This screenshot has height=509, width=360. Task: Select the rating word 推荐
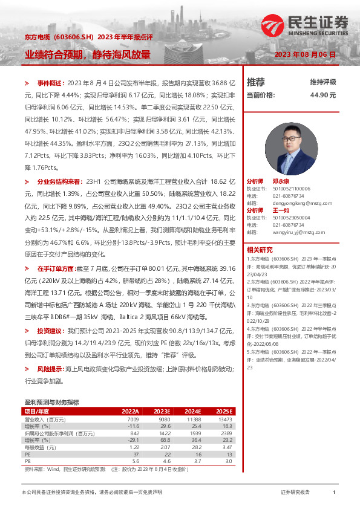[256, 82]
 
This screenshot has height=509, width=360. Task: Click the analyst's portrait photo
[292, 148]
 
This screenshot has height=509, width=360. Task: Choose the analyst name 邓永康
[281, 181]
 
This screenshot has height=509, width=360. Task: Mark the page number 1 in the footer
[334, 493]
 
